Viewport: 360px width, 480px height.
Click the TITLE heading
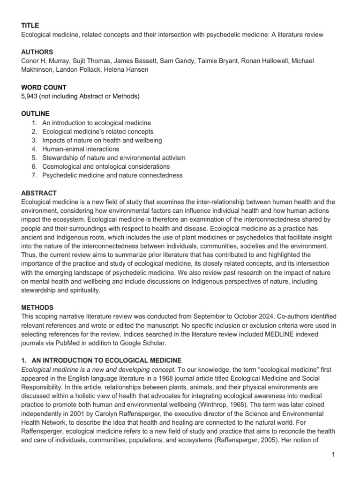pyautogui.click(x=30, y=25)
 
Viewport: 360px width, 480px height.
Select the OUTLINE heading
pyautogui.click(x=36, y=113)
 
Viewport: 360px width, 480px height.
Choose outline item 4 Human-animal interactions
pyautogui.click(x=80, y=149)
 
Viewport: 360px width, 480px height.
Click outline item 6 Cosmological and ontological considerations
pyautogui.click(x=106, y=166)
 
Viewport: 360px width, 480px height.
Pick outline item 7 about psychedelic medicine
pyautogui.click(x=112, y=175)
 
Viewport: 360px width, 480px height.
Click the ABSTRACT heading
pyautogui.click(x=39, y=193)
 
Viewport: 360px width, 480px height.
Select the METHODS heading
pyautogui.click(x=37, y=307)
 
